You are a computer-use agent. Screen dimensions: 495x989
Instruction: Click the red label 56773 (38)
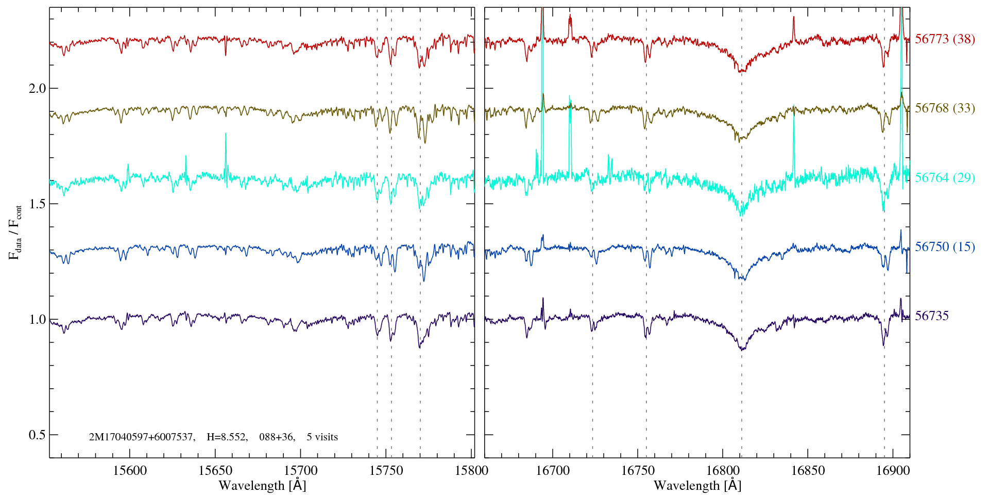coord(945,39)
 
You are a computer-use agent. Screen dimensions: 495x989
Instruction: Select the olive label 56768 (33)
coord(945,108)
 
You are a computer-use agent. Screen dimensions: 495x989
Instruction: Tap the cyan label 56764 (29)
coord(945,178)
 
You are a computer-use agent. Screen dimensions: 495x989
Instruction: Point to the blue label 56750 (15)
coord(945,247)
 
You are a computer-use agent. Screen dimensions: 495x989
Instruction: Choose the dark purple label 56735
coord(931,316)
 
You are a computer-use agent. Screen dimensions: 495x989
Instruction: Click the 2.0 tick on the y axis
coord(37,88)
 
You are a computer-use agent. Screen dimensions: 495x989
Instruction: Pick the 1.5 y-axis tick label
coord(37,204)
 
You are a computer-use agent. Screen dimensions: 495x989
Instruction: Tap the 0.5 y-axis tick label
coord(37,435)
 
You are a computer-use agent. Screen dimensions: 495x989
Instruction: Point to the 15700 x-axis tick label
coord(301,470)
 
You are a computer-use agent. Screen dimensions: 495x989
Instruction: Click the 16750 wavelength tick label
coord(638,470)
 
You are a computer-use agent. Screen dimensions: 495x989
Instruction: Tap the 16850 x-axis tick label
coord(808,470)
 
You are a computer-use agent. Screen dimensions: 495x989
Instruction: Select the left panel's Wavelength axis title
coord(262,486)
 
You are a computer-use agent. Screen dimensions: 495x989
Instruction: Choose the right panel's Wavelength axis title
coord(697,486)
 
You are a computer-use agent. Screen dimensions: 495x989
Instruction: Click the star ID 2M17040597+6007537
coord(142,437)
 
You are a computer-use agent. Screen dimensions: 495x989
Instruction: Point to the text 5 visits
coord(322,437)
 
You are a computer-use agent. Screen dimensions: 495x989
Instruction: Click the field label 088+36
coord(277,437)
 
